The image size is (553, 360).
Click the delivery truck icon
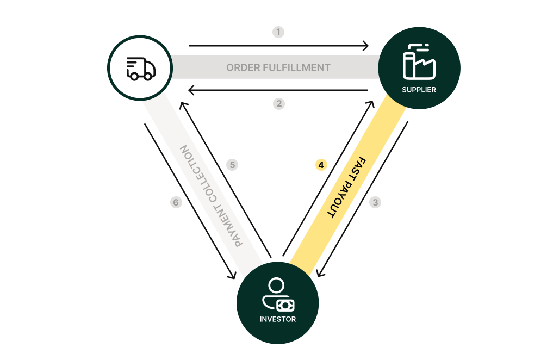pos(141,69)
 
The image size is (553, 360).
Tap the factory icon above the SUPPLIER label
pos(419,62)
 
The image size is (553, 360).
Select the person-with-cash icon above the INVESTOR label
pos(277,295)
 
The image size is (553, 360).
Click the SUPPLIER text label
pos(419,90)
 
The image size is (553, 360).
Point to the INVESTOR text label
pos(278,319)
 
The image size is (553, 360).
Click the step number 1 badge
pos(278,32)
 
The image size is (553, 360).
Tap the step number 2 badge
pos(279,103)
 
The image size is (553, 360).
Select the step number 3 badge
pos(375,202)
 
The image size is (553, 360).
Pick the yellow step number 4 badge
pos(321,164)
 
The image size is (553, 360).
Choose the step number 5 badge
pos(232,164)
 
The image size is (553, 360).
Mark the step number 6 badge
pos(175,202)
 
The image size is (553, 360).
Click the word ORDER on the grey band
pos(243,68)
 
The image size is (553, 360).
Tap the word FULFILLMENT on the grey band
pos(297,68)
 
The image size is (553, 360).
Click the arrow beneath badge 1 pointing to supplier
pos(278,46)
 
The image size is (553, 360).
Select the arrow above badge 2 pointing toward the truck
pos(278,90)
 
